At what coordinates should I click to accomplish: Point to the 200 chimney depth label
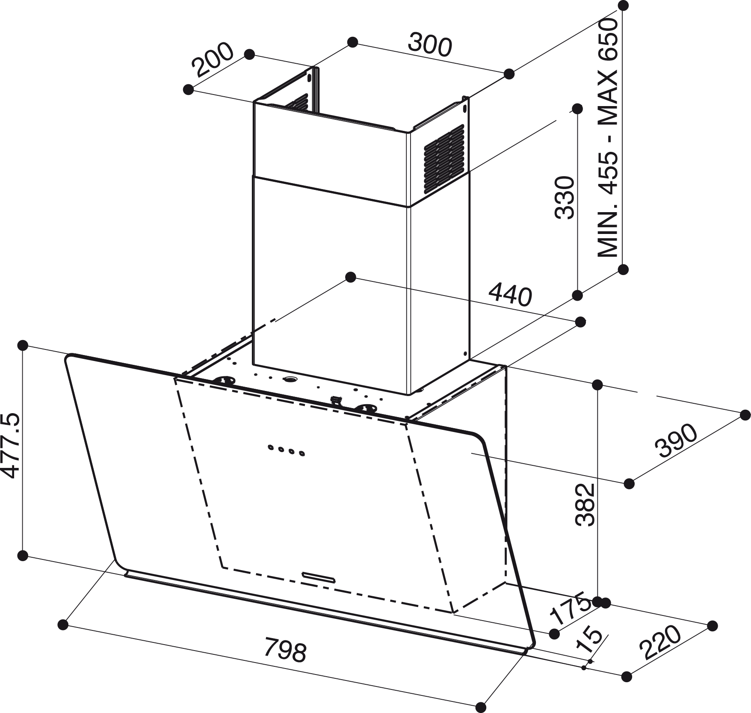[213, 59]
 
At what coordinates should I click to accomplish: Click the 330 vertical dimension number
[564, 198]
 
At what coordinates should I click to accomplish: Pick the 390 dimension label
[676, 441]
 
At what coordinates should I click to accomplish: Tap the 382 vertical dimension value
[584, 505]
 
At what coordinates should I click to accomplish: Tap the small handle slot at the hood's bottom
[319, 577]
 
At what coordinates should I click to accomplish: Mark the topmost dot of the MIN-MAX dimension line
[624, 6]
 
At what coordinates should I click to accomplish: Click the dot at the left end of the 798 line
[63, 625]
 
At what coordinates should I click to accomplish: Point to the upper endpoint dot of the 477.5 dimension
[22, 345]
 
